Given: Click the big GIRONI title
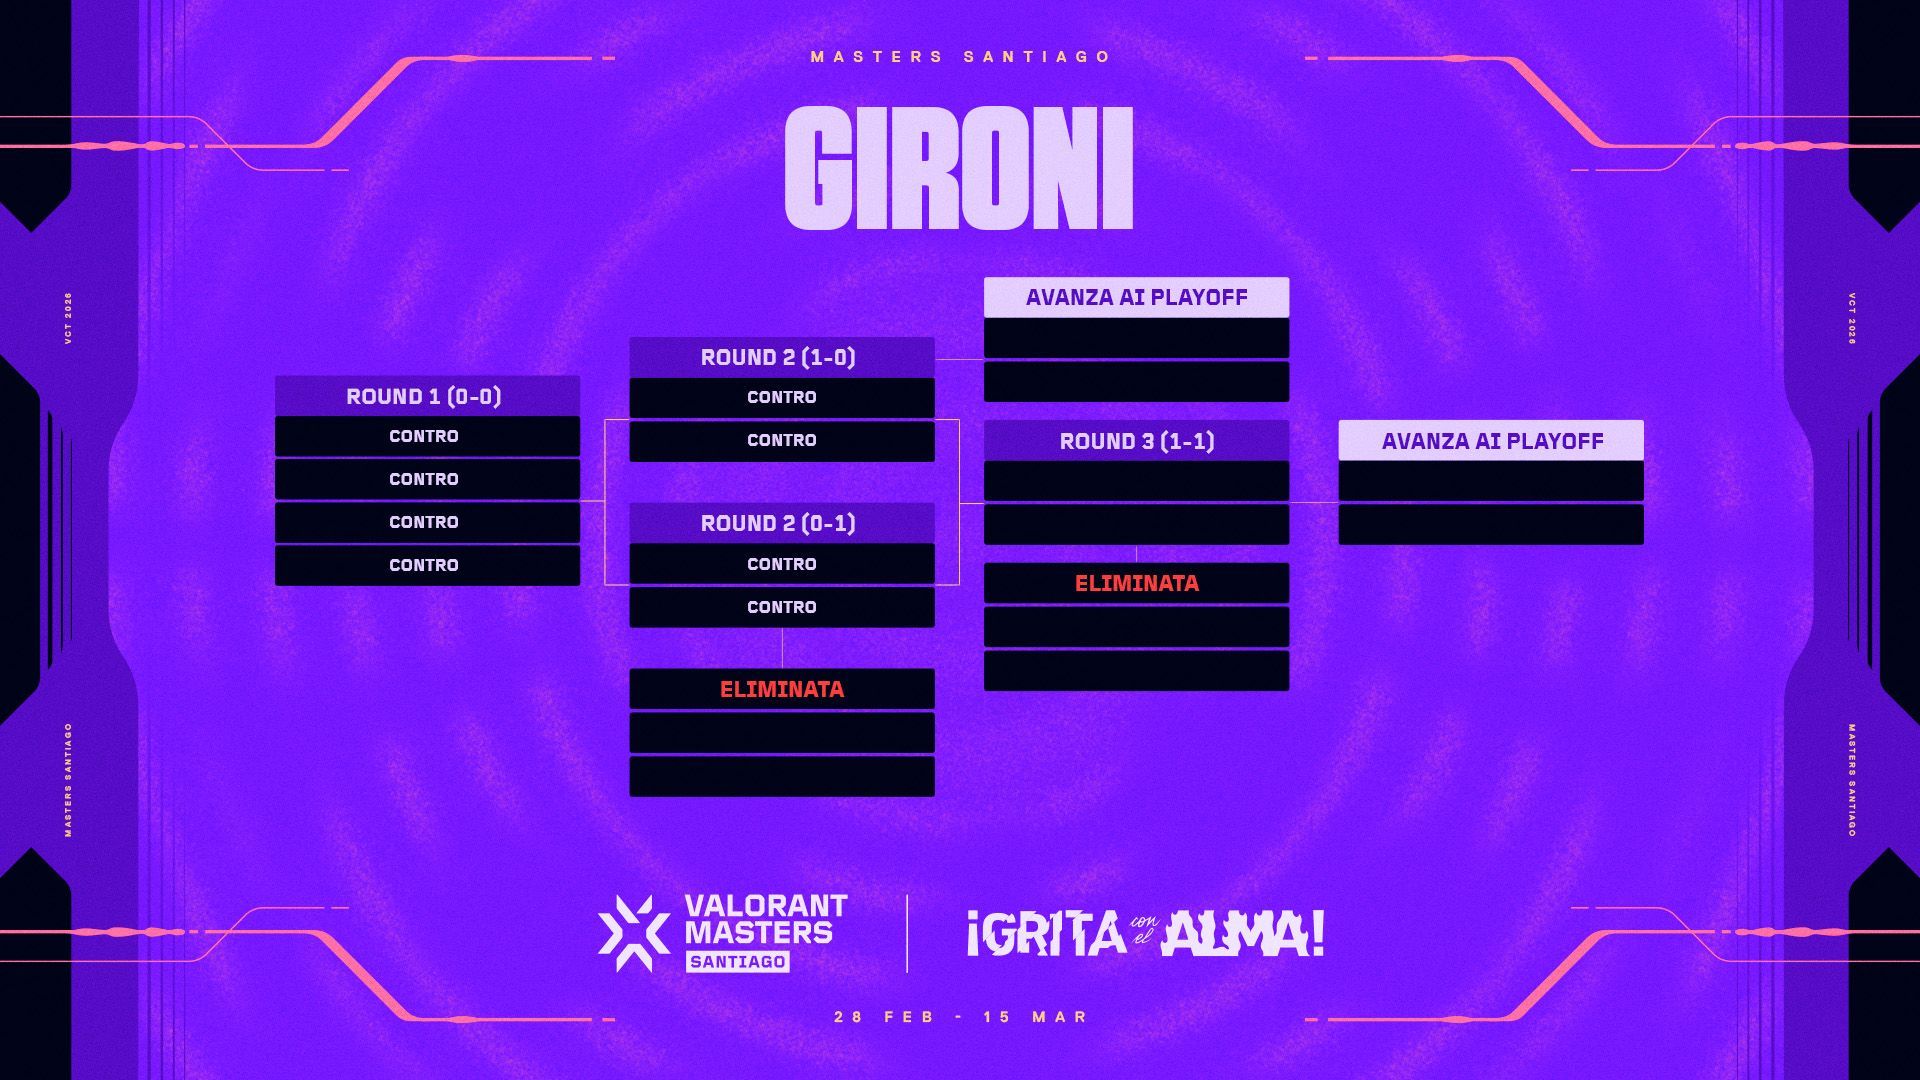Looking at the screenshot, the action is pyautogui.click(x=959, y=168).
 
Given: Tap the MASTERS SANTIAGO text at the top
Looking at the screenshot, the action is pyautogui.click(x=961, y=57).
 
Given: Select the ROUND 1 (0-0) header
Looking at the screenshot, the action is pyautogui.click(x=427, y=396).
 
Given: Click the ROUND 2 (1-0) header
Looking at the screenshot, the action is pyautogui.click(x=782, y=357).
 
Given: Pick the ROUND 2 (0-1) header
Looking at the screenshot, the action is pyautogui.click(x=782, y=523).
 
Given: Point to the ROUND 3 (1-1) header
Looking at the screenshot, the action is pyautogui.click(x=1136, y=441).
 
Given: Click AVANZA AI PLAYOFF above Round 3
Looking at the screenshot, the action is pyautogui.click(x=1136, y=297).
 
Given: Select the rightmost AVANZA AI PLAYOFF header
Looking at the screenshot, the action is pyautogui.click(x=1491, y=441).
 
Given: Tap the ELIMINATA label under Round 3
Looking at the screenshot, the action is pyautogui.click(x=1136, y=583).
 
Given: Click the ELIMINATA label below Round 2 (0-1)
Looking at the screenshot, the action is pyautogui.click(x=782, y=689).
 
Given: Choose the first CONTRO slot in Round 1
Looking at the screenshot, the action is pyautogui.click(x=427, y=436).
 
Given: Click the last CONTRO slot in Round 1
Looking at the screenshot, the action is pyautogui.click(x=427, y=565).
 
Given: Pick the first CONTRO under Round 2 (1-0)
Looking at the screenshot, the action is pyautogui.click(x=782, y=397).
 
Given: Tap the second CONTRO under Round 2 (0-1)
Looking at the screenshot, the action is pyautogui.click(x=782, y=607).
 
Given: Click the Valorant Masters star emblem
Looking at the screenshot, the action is pyautogui.click(x=634, y=933).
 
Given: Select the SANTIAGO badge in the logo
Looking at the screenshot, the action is pyautogui.click(x=738, y=961).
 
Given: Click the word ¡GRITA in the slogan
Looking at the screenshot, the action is pyautogui.click(x=1046, y=934).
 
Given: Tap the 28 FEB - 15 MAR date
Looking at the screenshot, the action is pyautogui.click(x=961, y=1017).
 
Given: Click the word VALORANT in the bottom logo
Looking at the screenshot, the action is pyautogui.click(x=766, y=906).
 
